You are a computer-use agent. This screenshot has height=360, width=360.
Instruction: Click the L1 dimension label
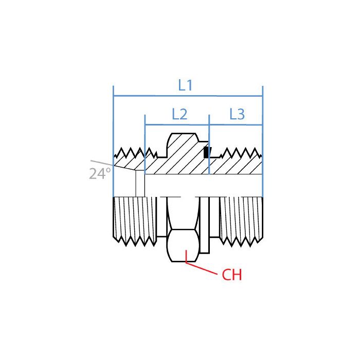[185, 85]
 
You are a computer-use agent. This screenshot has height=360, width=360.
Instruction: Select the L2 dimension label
[179, 115]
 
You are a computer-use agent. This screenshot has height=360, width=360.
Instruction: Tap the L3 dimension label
[237, 115]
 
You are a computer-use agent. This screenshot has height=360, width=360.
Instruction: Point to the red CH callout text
[232, 276]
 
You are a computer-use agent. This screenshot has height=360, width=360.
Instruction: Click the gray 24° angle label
[100, 174]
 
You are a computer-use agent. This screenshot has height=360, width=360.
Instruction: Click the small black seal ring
[206, 153]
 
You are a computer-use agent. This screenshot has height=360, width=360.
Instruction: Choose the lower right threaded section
[241, 219]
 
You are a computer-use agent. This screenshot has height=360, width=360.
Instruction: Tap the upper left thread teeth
[131, 153]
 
